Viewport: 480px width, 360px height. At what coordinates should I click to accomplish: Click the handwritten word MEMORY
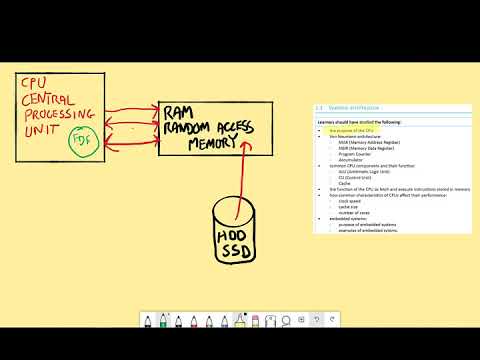[214, 142]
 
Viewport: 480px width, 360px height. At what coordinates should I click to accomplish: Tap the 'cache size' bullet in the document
[346, 207]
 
